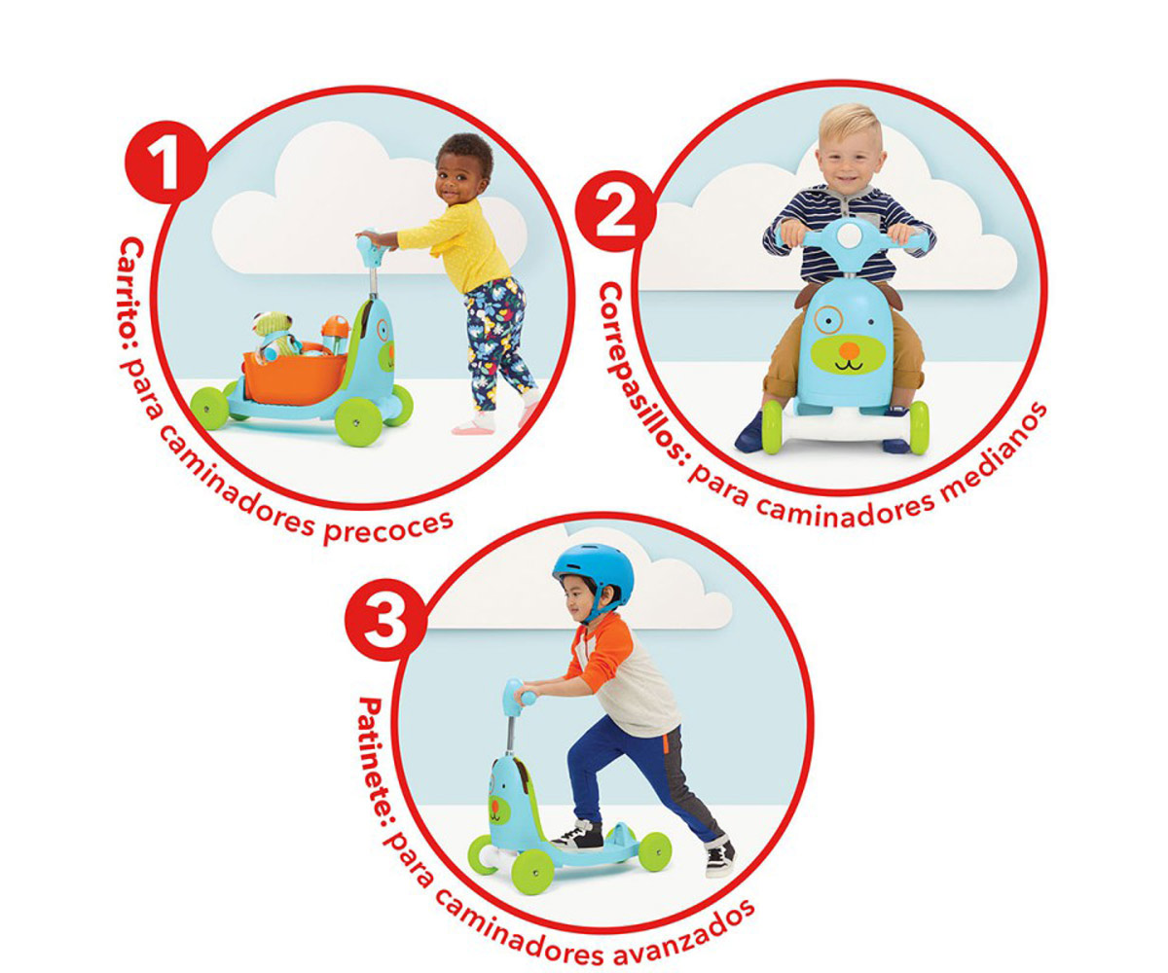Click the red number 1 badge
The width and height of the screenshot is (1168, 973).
[165, 162]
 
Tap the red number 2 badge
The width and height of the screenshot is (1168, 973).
[615, 211]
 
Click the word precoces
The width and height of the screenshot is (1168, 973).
[387, 526]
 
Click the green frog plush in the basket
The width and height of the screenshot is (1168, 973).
[273, 334]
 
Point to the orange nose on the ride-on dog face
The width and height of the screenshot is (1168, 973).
[849, 350]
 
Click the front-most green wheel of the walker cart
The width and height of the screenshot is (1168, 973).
[358, 422]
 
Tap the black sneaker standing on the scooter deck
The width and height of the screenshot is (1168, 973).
[577, 837]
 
